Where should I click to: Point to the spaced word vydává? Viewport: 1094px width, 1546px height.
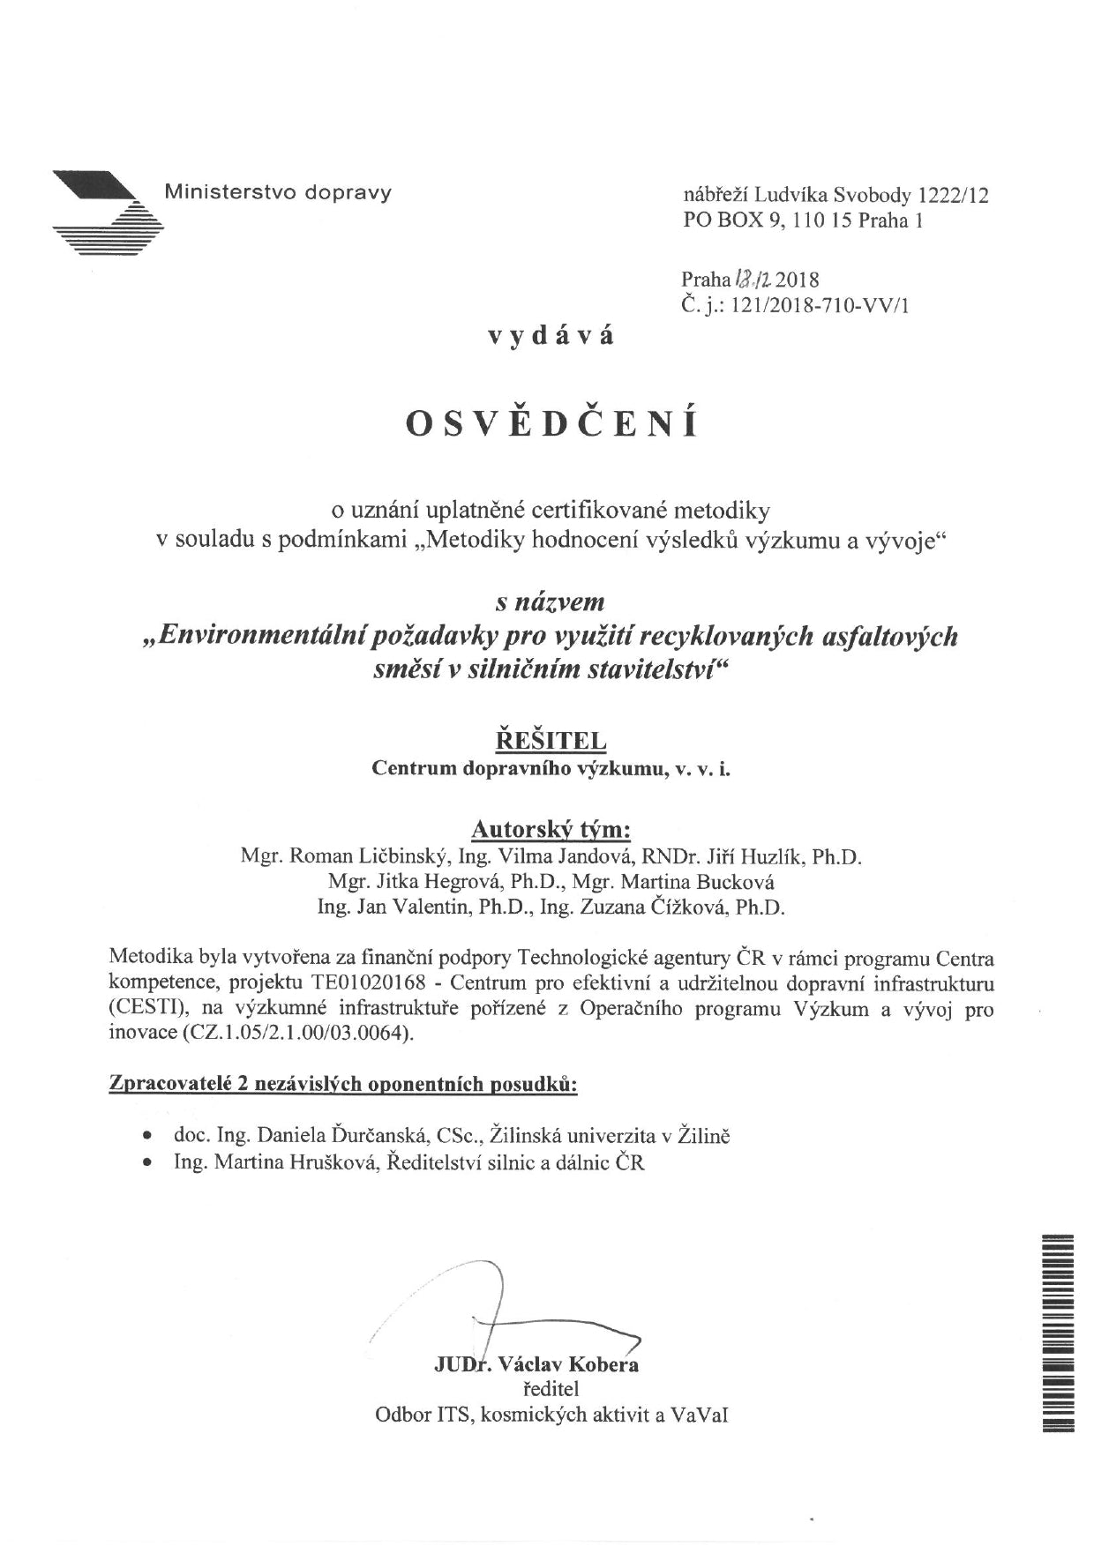click(552, 335)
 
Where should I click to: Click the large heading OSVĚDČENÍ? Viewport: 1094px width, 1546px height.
click(552, 423)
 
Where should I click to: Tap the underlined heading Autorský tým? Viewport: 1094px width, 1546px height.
click(551, 829)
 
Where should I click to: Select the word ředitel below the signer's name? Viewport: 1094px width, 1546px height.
click(551, 1389)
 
